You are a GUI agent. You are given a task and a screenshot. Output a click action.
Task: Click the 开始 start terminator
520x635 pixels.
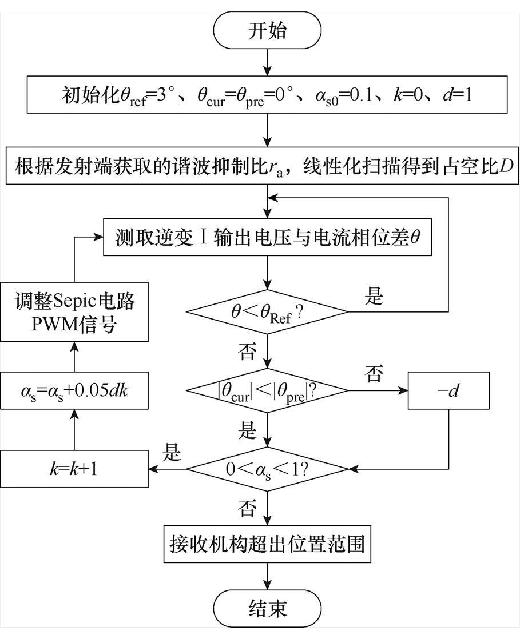click(267, 30)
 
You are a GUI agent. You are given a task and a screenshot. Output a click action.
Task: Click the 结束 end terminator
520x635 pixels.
click(267, 607)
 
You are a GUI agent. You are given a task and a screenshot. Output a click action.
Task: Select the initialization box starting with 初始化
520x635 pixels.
click(267, 93)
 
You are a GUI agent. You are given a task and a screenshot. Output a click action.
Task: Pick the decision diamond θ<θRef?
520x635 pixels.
click(267, 311)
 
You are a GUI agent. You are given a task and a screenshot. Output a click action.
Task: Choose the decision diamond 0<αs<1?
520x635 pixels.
click(267, 469)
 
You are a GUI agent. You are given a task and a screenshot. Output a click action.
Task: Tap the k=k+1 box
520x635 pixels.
click(74, 469)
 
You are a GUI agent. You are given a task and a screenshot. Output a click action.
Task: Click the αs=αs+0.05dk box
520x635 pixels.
click(74, 392)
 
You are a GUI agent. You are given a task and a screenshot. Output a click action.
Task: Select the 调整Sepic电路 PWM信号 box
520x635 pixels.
click(74, 314)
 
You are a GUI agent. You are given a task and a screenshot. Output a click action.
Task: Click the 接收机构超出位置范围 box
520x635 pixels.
click(267, 542)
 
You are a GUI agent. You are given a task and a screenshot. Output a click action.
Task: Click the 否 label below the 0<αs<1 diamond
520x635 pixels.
click(247, 507)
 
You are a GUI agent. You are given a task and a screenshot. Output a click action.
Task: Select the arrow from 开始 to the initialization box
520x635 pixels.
click(267, 61)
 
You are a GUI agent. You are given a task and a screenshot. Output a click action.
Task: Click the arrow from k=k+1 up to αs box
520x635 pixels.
click(74, 430)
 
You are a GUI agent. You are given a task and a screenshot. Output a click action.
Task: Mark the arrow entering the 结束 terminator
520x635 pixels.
click(267, 574)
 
